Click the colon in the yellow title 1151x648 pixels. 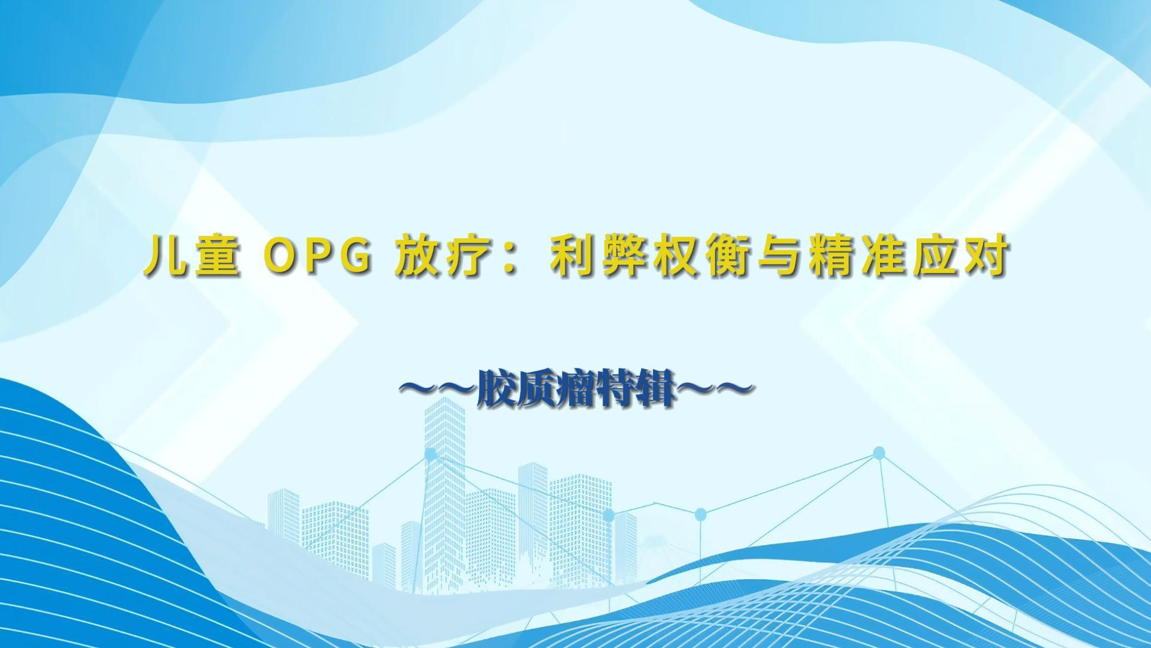click(x=511, y=259)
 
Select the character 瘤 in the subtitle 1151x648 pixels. click(x=576, y=392)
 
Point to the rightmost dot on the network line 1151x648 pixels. click(x=879, y=453)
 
